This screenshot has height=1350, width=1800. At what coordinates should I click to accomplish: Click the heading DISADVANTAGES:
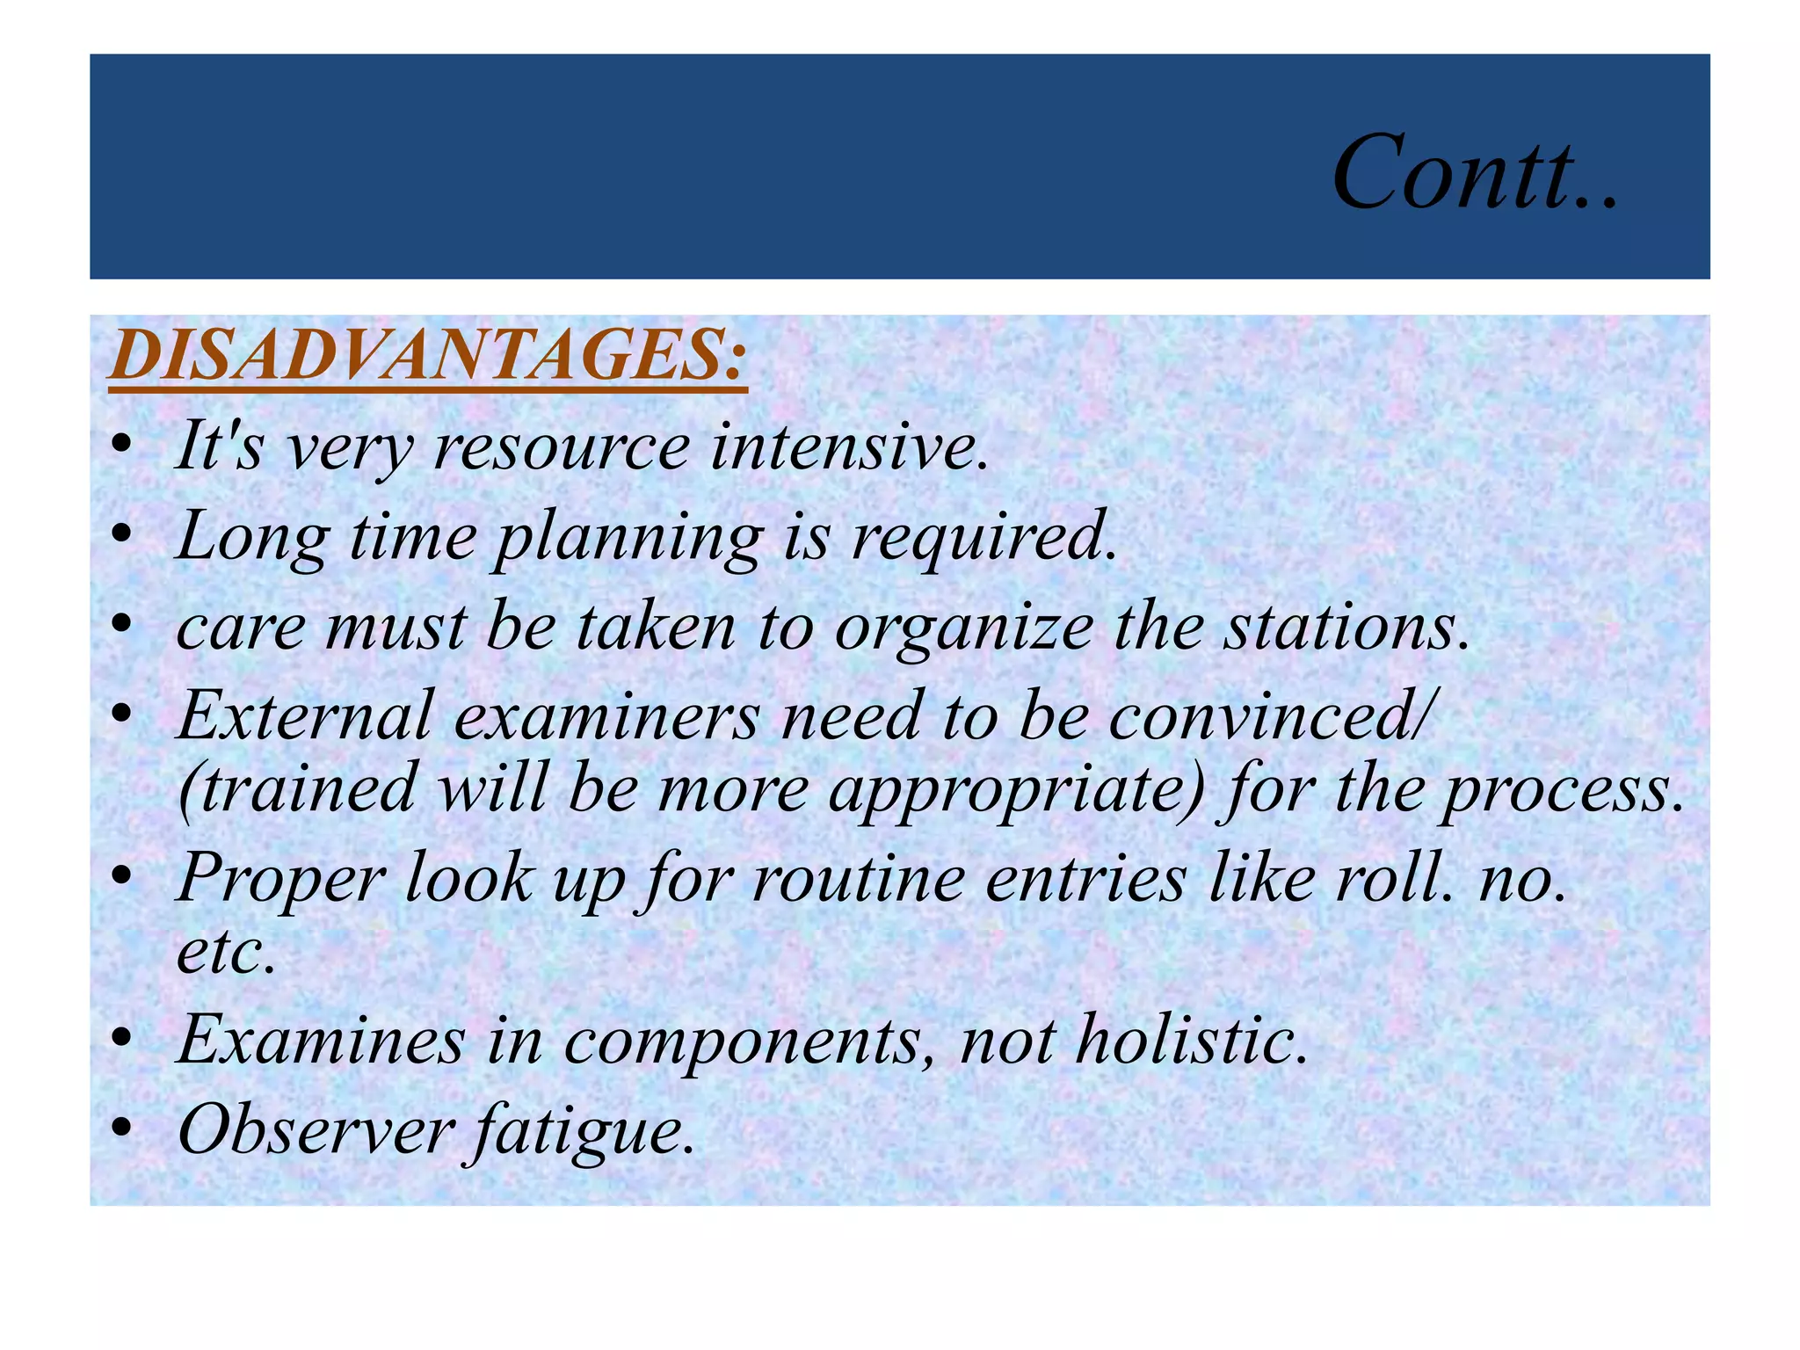pyautogui.click(x=428, y=356)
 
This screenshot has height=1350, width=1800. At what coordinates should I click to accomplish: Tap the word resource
pyautogui.click(x=562, y=447)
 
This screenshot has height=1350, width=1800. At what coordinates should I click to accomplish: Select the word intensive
pyautogui.click(x=849, y=447)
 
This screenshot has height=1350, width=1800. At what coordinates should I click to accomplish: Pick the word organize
pyautogui.click(x=963, y=629)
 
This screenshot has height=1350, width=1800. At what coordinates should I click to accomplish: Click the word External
pyautogui.click(x=305, y=717)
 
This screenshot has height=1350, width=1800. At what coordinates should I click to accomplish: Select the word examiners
pyautogui.click(x=606, y=717)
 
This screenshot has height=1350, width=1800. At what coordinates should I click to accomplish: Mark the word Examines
pyautogui.click(x=321, y=1041)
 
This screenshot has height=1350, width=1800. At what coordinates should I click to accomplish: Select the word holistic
pyautogui.click(x=1192, y=1041)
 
